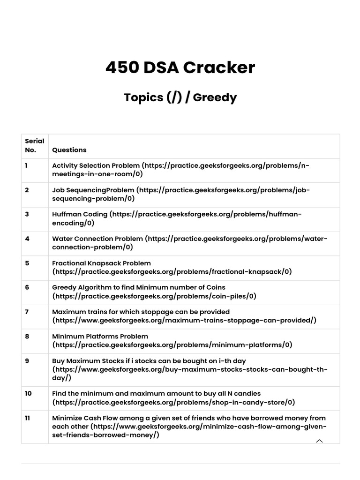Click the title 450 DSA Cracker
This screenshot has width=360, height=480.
(180, 67)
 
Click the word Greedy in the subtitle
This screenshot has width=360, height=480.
(215, 97)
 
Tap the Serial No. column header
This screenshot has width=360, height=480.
(35, 145)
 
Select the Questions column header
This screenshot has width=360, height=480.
(69, 150)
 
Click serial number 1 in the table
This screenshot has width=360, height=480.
(27, 165)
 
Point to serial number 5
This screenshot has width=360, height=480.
(27, 263)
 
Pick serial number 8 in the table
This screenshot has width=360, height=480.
(27, 336)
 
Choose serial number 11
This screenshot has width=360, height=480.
(28, 418)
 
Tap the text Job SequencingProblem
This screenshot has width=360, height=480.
(93, 190)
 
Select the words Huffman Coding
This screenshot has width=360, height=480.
(80, 214)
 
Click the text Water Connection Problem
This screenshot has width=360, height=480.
(97, 239)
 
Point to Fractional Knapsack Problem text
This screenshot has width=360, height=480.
(101, 263)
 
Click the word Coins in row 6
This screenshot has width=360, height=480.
(215, 287)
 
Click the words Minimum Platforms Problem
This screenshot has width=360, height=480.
(100, 336)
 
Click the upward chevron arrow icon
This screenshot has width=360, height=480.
(320, 441)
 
